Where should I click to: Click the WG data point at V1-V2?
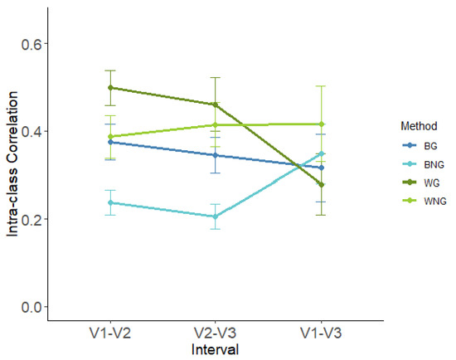111,87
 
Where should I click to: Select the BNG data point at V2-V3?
216,216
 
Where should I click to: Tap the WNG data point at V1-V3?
320,124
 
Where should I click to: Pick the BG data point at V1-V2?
111,142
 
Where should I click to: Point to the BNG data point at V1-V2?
111,202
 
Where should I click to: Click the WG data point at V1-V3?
320,185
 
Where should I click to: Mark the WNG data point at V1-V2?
111,137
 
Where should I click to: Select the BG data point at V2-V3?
216,155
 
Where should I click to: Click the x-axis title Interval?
215,350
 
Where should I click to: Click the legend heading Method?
411,126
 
